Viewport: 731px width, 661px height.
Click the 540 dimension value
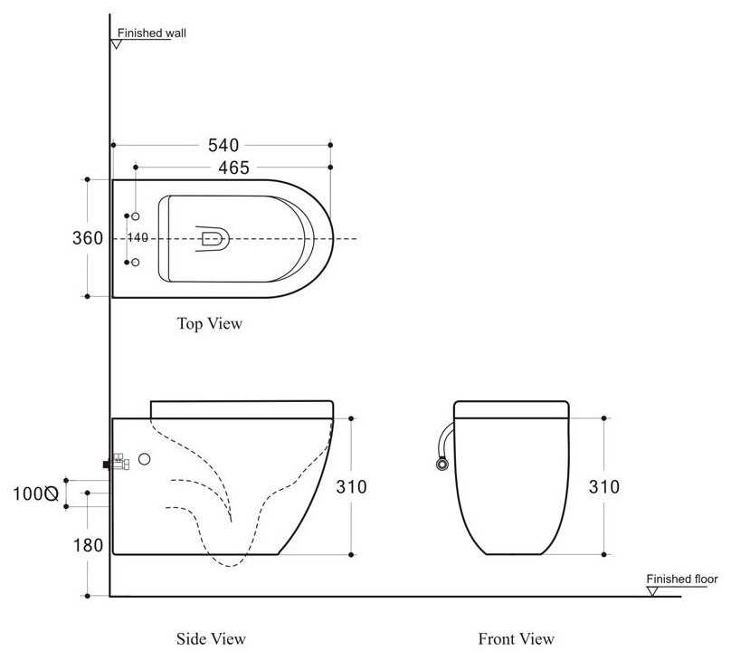(x=223, y=145)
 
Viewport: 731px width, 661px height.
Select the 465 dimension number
(x=234, y=168)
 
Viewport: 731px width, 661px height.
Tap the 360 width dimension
(x=88, y=238)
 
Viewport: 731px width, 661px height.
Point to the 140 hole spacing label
(x=138, y=237)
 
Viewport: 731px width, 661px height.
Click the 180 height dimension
(x=88, y=545)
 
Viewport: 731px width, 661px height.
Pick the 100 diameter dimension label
(x=35, y=493)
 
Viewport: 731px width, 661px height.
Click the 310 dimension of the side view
(x=352, y=486)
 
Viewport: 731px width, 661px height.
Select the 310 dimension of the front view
(x=604, y=486)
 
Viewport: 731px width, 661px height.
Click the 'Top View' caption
(x=210, y=323)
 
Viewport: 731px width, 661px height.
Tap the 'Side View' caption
(x=211, y=638)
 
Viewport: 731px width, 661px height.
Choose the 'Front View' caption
(x=517, y=638)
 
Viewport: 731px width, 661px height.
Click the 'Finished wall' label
(x=151, y=34)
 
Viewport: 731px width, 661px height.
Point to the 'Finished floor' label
(x=682, y=579)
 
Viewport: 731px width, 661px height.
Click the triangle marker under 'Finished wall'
(x=117, y=44)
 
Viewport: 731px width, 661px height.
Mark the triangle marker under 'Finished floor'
(x=653, y=591)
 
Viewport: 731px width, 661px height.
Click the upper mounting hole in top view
(x=135, y=216)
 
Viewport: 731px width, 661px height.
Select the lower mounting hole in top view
(x=135, y=263)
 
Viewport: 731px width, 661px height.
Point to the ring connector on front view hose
(x=441, y=464)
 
